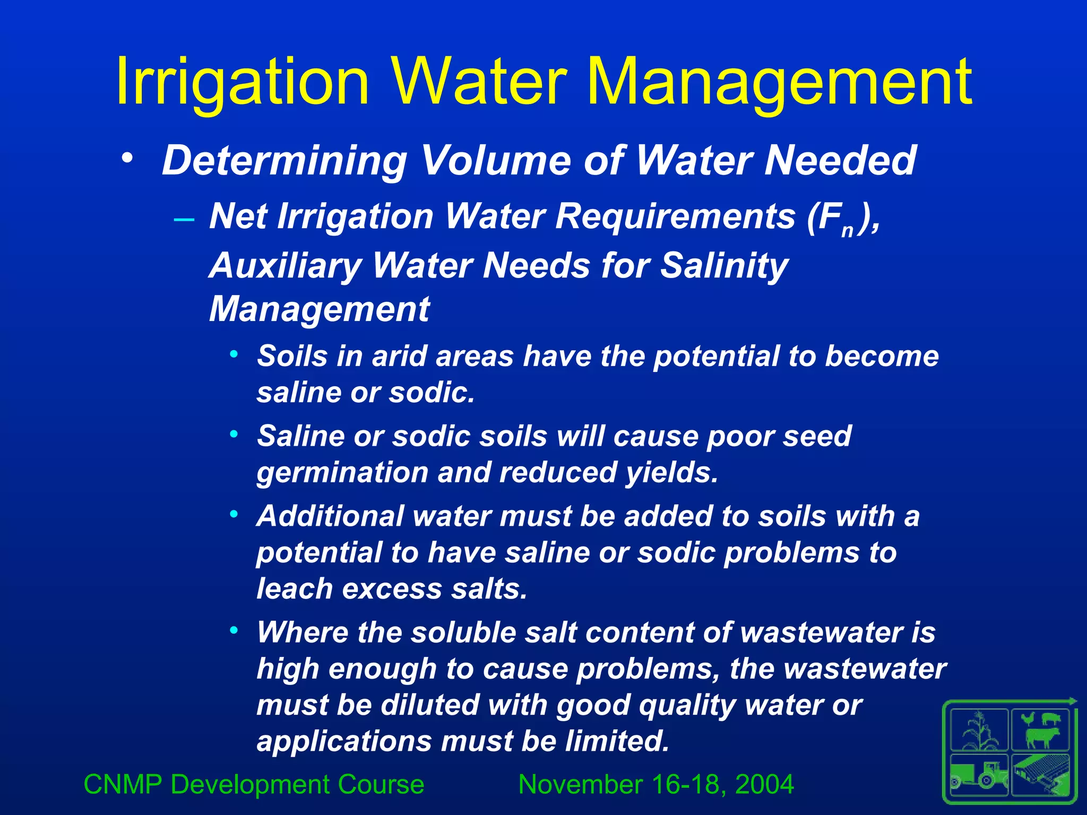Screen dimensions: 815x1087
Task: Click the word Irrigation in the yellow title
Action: pos(242,82)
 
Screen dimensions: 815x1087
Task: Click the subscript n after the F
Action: pos(847,230)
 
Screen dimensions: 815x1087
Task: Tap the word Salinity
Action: pos(724,265)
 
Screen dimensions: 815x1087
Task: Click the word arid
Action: pos(399,356)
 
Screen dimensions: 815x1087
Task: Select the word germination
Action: pos(342,472)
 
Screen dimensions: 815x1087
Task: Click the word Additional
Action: pos(330,516)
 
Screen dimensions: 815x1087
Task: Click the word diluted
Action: pos(429,705)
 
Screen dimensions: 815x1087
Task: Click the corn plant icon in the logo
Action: pos(979,731)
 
